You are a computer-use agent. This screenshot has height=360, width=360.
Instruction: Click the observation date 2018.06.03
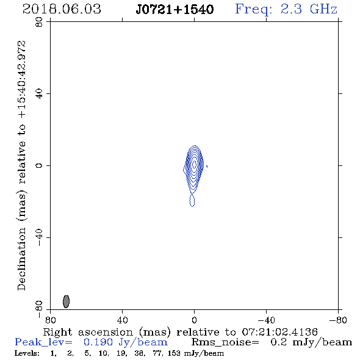pos(62,9)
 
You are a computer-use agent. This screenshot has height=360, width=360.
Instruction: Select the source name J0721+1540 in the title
pos(175,9)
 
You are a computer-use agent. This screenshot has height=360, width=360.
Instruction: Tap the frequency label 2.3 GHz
pos(309,9)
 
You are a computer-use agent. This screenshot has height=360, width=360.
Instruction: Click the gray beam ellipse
pos(66,301)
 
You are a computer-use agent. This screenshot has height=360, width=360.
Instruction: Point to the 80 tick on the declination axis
pos(39,22)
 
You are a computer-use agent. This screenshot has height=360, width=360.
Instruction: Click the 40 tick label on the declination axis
pos(39,94)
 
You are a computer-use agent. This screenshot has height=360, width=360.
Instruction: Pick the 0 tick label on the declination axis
pos(39,165)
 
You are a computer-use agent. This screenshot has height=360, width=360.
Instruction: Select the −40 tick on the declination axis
pos(39,237)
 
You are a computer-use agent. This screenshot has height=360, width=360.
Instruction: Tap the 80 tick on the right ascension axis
pos(50,320)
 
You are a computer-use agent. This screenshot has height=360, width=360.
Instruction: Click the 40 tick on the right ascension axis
pos(122,320)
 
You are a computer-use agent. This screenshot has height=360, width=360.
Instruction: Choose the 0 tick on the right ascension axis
pos(194,320)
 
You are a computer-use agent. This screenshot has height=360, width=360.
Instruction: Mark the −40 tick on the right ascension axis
pos(266,320)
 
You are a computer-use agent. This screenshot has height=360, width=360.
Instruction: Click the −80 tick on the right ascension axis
pos(338,320)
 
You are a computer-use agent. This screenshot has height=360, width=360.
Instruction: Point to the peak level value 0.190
pos(98,342)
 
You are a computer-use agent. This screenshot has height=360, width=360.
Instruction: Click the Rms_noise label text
pos(225,342)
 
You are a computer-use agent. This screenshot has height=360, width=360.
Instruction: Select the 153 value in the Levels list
pos(174,353)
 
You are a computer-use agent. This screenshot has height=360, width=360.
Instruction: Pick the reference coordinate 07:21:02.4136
pos(279,332)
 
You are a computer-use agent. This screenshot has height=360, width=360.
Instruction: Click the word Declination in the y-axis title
pos(21,259)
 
